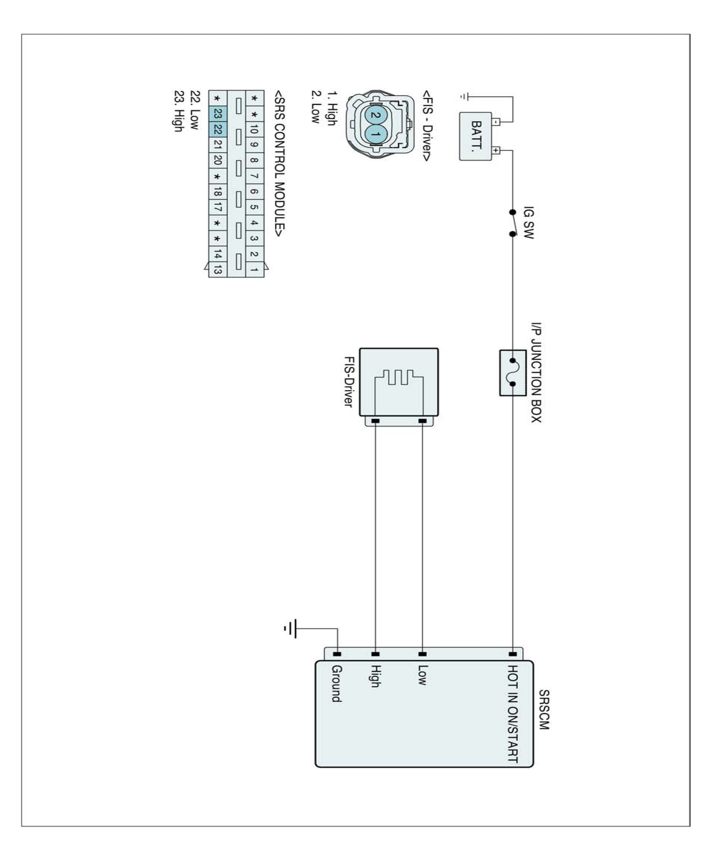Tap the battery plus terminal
click(496, 150)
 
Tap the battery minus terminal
click(496, 121)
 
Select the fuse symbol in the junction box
click(512, 372)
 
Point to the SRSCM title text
click(544, 710)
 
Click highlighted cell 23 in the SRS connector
click(218, 114)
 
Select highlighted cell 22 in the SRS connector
click(218, 129)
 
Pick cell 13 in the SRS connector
click(218, 269)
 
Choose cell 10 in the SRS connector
click(254, 129)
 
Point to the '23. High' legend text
click(178, 111)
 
